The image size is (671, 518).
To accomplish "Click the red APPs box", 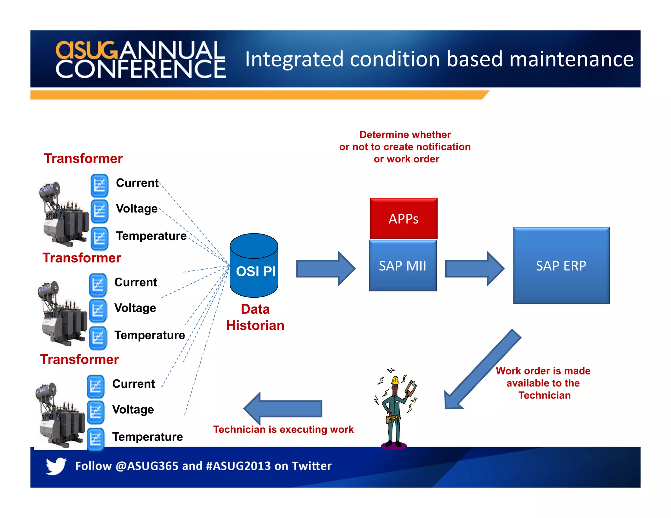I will (x=403, y=218).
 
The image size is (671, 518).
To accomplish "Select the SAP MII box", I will (x=403, y=266).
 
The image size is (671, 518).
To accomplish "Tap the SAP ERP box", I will (x=561, y=266).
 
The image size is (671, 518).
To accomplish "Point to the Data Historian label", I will (x=255, y=317).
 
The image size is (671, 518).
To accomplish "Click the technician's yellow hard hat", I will (x=395, y=380).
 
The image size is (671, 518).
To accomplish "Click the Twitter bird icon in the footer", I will (x=56, y=466).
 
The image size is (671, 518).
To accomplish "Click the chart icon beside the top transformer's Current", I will (x=99, y=186).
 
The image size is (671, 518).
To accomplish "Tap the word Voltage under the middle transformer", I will (x=135, y=308).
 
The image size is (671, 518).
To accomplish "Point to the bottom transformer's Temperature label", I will (x=147, y=437).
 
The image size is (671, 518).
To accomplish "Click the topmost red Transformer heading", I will (x=83, y=158).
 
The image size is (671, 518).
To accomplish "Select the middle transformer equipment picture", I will (x=62, y=313).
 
